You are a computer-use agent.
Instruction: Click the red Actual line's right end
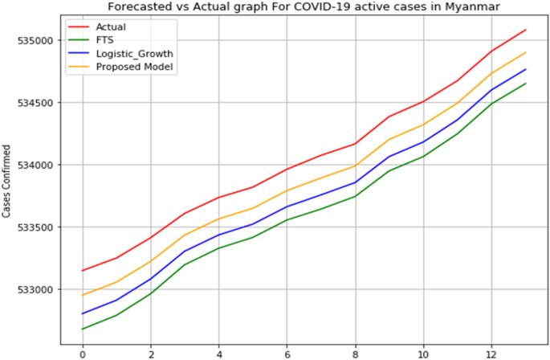pos(525,30)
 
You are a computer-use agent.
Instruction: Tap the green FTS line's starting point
pos(82,329)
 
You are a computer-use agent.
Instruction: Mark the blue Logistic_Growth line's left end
pos(82,313)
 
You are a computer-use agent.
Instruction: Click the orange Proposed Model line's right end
pos(525,53)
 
